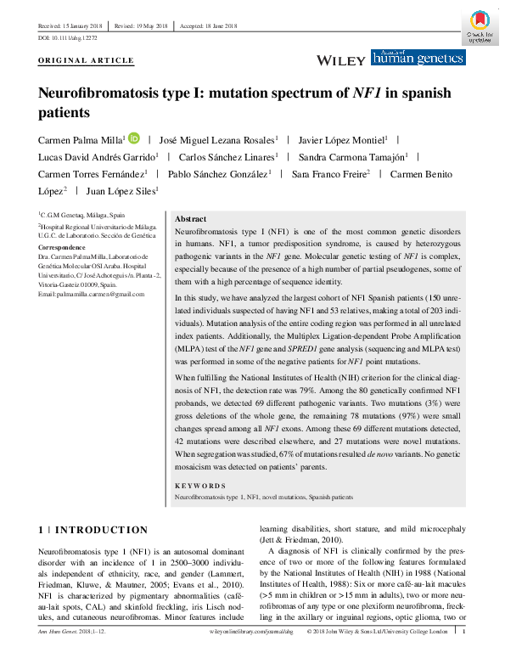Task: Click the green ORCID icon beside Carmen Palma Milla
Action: pyautogui.click(x=134, y=138)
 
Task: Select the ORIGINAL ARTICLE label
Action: pyautogui.click(x=87, y=61)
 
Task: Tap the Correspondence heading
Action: pyautogui.click(x=63, y=246)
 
